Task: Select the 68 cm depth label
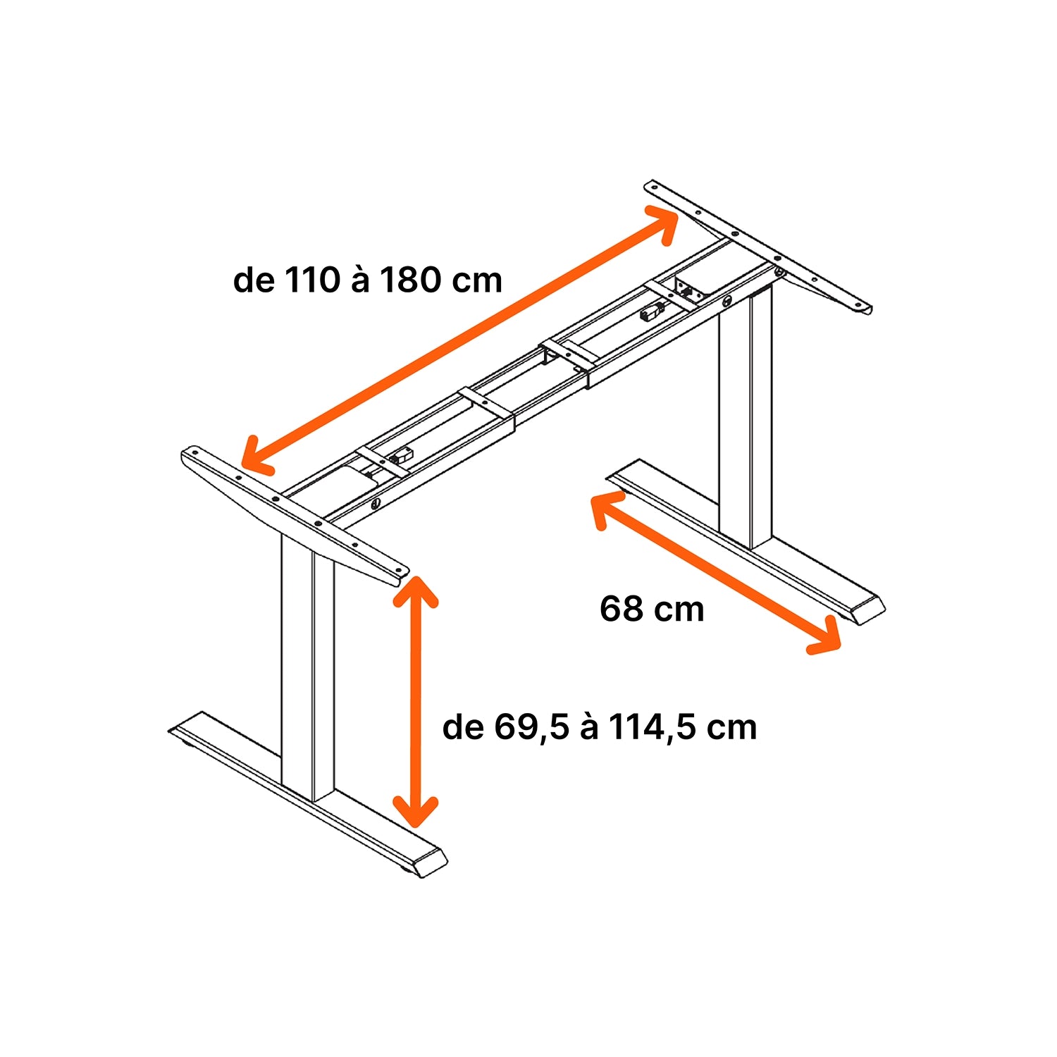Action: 652,609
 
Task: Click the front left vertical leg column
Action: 308,666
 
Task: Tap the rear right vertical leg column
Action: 746,416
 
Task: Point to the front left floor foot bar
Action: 308,795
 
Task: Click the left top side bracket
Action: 295,515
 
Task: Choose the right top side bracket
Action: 758,247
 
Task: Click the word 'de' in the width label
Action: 254,280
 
